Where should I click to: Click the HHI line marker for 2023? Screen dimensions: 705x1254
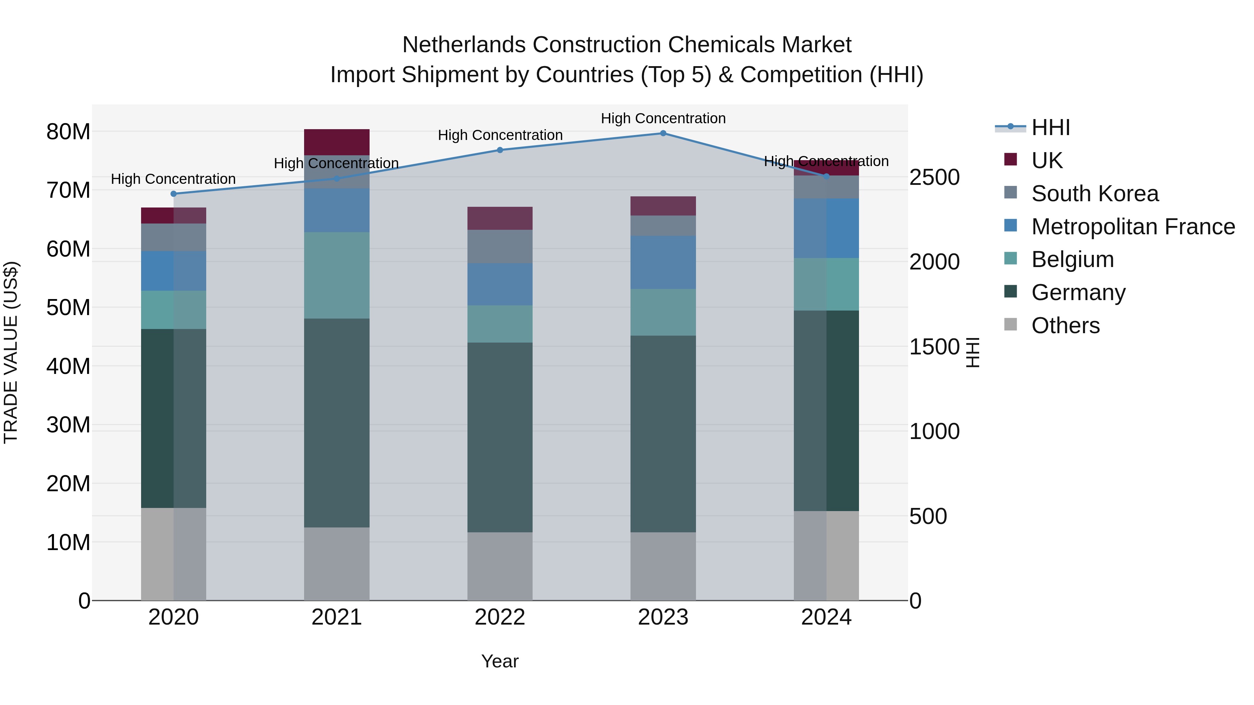click(x=663, y=133)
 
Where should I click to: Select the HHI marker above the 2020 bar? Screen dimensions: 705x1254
click(x=174, y=194)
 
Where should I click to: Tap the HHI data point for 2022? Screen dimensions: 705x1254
click(x=500, y=150)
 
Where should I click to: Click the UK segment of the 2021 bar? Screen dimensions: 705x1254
click(x=337, y=142)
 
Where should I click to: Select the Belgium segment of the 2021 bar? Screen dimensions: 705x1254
click(x=337, y=275)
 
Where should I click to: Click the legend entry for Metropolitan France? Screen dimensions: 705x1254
click(x=1133, y=227)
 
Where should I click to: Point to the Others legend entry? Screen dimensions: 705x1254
click(x=1065, y=326)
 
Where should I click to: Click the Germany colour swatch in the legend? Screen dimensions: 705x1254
click(x=1010, y=292)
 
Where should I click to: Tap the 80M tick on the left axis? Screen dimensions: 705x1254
click(x=68, y=132)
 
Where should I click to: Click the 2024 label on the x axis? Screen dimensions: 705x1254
click(x=826, y=617)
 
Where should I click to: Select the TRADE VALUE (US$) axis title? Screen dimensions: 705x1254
click(x=11, y=352)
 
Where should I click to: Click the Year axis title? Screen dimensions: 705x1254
click(x=500, y=661)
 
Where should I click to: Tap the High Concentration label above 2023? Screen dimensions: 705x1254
click(x=663, y=118)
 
